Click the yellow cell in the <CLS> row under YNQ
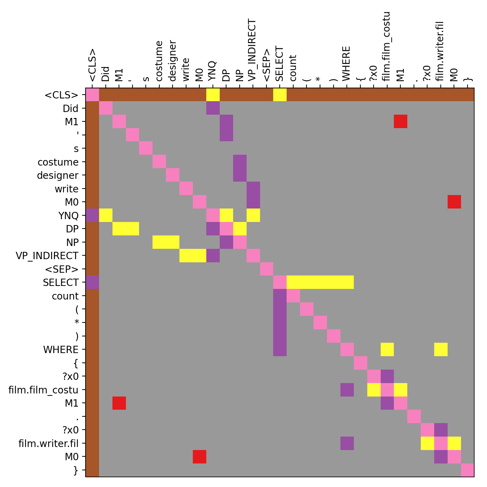pyautogui.click(x=213, y=95)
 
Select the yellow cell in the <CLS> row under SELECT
pyautogui.click(x=280, y=95)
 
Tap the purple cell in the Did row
pyautogui.click(x=213, y=108)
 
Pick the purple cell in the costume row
pyautogui.click(x=240, y=162)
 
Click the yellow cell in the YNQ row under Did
pyautogui.click(x=106, y=215)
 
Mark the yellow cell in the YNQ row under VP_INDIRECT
pyautogui.click(x=253, y=215)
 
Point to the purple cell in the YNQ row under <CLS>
pyautogui.click(x=93, y=215)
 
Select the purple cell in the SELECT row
pyautogui.click(x=93, y=282)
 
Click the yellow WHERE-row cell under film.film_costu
pyautogui.click(x=387, y=349)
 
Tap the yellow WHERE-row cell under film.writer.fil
pyautogui.click(x=441, y=349)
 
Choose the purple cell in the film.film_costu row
pyautogui.click(x=347, y=390)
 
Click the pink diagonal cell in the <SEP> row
pyautogui.click(x=266, y=269)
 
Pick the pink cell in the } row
pyautogui.click(x=468, y=470)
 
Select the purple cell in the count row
pyautogui.click(x=280, y=296)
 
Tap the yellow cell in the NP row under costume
pyautogui.click(x=159, y=242)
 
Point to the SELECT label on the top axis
pyautogui.click(x=280, y=64)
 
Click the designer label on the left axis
pyautogui.click(x=58, y=175)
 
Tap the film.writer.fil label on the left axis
pyautogui.click(x=48, y=443)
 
